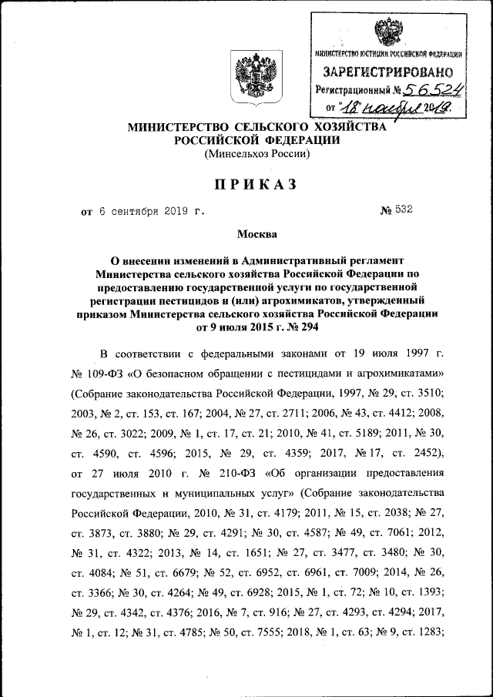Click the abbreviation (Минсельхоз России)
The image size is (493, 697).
click(257, 153)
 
